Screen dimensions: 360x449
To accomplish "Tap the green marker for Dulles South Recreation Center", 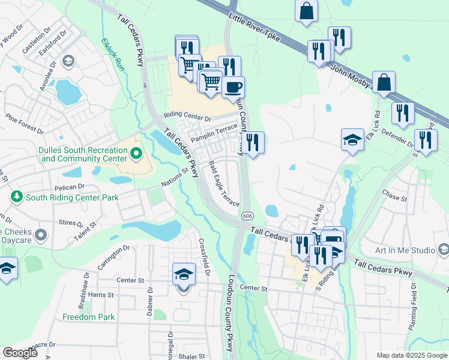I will [136, 154].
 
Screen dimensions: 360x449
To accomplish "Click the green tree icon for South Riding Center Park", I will [16, 197].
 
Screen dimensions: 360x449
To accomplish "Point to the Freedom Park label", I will [89, 317].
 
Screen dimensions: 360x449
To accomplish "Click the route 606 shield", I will [247, 215].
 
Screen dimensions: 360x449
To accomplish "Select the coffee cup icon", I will [233, 88].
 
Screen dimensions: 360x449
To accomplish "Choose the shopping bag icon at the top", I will [306, 10].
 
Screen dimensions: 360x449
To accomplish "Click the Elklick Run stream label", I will [113, 55].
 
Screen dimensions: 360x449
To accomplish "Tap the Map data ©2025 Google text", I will [411, 355].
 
